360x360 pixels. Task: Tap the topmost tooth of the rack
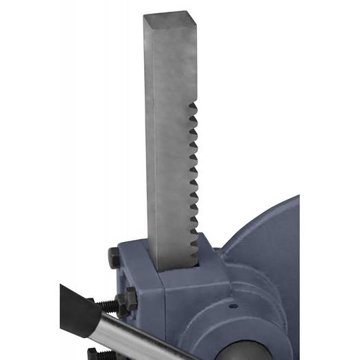pos(193,107)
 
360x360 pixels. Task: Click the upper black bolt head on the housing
pos(115,258)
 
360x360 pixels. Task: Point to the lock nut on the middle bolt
pos(128,299)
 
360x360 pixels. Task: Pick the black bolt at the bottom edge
pos(94,354)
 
